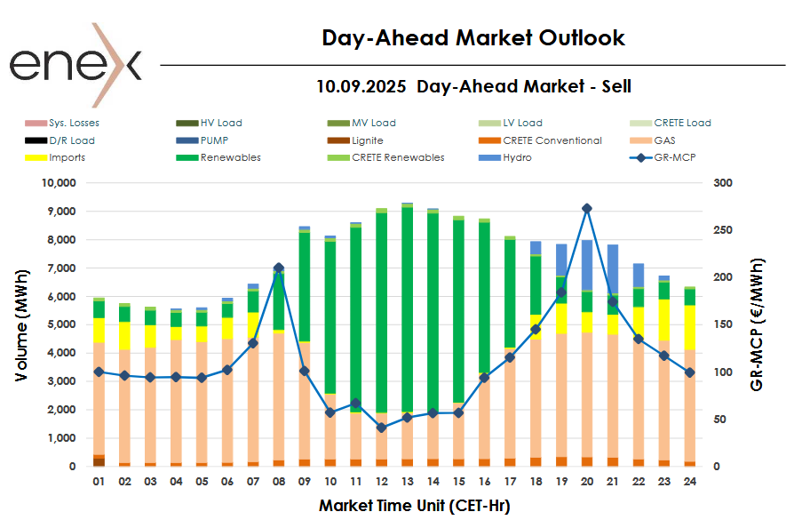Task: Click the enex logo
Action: click(x=75, y=65)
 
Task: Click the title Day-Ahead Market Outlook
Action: click(x=473, y=38)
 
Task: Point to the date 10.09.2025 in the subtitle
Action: click(x=361, y=86)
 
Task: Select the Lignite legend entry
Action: click(x=367, y=140)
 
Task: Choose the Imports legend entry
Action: click(x=67, y=157)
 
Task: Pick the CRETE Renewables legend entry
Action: click(x=397, y=157)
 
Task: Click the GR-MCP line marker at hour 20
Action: click(x=586, y=209)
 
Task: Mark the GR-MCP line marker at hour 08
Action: click(x=278, y=268)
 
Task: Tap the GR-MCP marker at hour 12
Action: click(x=381, y=428)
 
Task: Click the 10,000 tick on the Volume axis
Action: click(x=59, y=183)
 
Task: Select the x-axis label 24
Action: click(x=689, y=481)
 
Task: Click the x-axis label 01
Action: click(x=99, y=481)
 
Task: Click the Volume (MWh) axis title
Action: click(x=22, y=324)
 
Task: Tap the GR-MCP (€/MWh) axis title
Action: click(x=757, y=324)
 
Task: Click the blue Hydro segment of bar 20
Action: click(x=586, y=265)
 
